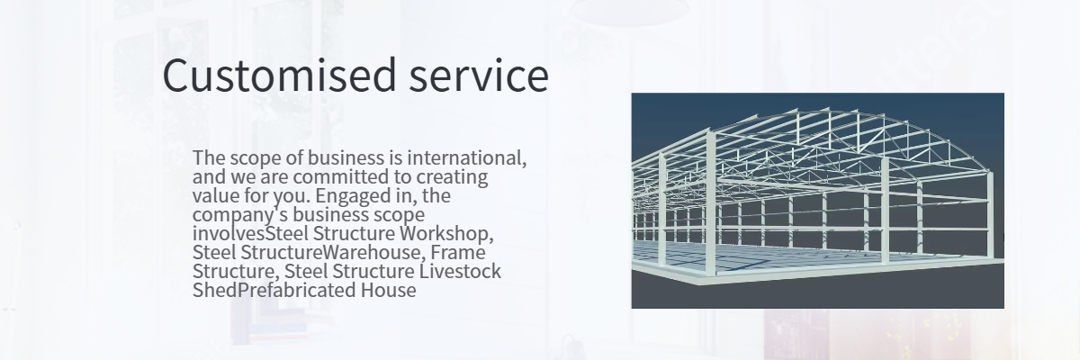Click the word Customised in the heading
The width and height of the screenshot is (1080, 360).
coord(280,76)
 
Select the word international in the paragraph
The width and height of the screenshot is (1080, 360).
coord(467,157)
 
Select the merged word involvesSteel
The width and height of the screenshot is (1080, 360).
coord(250,233)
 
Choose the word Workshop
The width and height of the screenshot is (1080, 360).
coord(446,234)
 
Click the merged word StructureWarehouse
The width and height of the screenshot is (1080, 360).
coord(330,252)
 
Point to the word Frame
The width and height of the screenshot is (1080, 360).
coord(458,252)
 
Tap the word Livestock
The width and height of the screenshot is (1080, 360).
coord(460,271)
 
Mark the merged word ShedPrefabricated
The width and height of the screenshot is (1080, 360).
coord(274,290)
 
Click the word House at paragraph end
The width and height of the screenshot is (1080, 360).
coord(389,290)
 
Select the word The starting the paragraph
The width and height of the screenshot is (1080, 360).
coord(209,157)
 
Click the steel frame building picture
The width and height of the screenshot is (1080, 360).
coord(818,201)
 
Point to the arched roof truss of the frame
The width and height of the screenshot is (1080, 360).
coord(829,113)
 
